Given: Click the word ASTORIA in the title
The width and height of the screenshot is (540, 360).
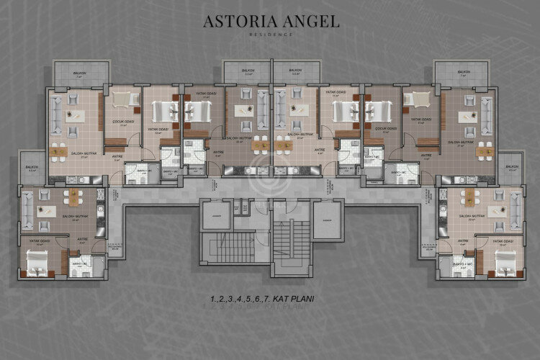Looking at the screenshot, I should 238,22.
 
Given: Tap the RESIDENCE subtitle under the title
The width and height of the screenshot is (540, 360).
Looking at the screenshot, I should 270,35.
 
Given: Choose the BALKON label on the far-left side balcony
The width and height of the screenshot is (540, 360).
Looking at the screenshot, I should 31,168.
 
